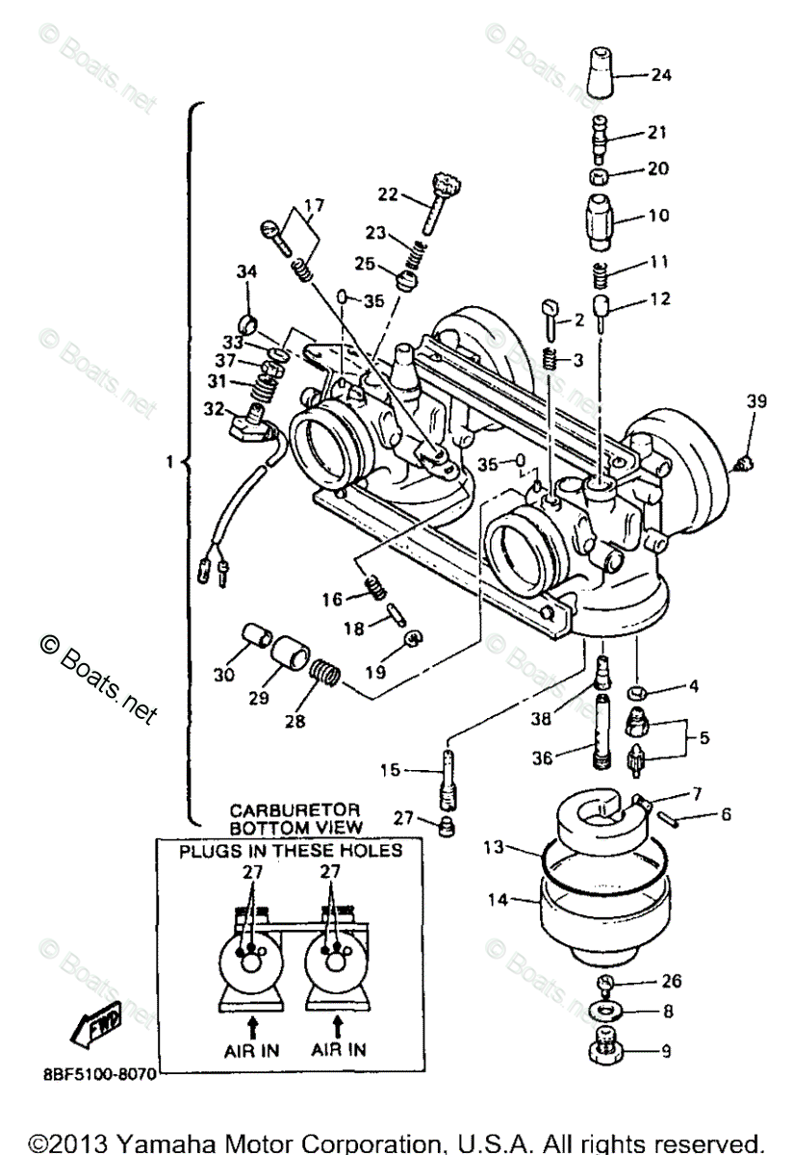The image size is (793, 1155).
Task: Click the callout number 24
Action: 661,75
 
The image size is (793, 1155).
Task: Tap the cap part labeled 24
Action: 601,72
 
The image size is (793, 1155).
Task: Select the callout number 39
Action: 756,401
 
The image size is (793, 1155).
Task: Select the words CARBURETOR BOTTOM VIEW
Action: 295,819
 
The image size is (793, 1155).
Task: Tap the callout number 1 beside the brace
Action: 169,461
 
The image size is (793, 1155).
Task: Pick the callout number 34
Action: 246,271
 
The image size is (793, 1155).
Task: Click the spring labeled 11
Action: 601,276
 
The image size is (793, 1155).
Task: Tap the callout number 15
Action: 390,770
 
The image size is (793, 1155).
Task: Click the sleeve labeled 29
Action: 291,654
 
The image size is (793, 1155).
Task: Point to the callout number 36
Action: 542,758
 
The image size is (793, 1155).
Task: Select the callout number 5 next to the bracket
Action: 704,737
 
